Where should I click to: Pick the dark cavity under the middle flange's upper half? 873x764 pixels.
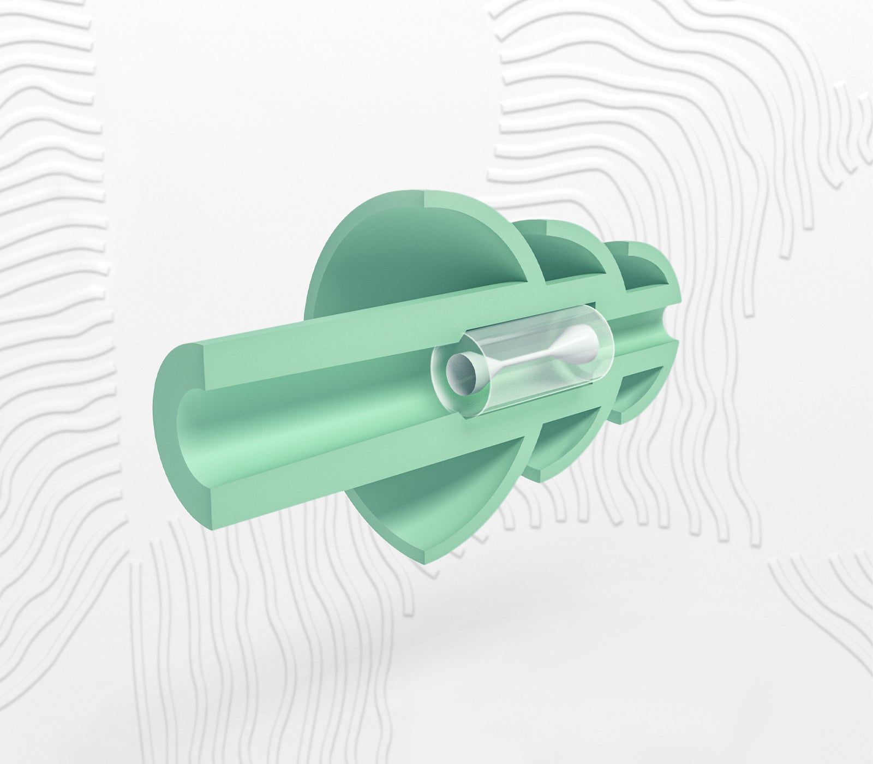click(x=573, y=254)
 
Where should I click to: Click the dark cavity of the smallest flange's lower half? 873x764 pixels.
click(x=638, y=398)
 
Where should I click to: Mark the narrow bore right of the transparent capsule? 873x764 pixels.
click(x=638, y=338)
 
